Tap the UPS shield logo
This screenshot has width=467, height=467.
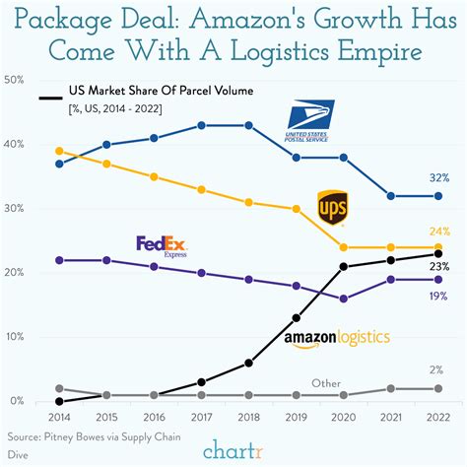click(330, 207)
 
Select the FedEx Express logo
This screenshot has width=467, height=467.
click(163, 245)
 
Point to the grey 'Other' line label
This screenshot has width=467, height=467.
click(326, 382)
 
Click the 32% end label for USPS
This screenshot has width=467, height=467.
click(439, 178)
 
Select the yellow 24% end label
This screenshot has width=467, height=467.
click(439, 233)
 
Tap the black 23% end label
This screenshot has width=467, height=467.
click(439, 266)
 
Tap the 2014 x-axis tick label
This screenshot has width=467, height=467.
click(59, 417)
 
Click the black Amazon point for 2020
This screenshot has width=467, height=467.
click(343, 266)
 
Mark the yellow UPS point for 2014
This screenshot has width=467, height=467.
click(59, 151)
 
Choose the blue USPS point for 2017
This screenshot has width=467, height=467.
click(201, 125)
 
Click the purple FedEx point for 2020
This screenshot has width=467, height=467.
click(343, 299)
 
